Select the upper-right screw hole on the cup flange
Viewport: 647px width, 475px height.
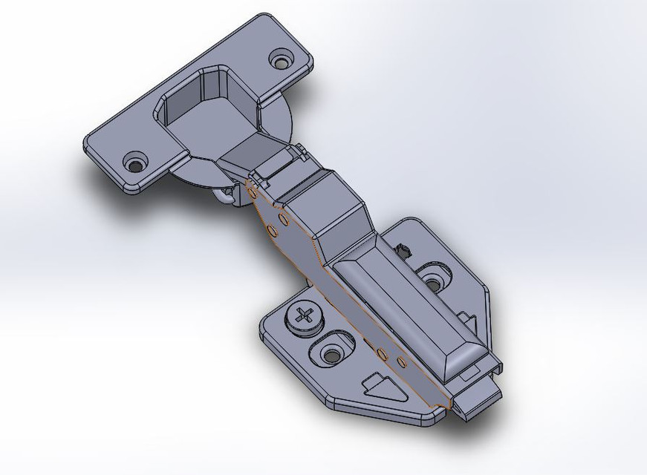click(x=282, y=59)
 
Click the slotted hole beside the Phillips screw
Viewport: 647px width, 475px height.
click(x=331, y=353)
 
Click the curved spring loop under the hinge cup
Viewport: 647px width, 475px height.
click(x=224, y=195)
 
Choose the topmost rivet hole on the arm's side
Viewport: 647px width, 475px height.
click(x=253, y=194)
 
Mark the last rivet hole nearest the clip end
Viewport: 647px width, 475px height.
click(x=401, y=362)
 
